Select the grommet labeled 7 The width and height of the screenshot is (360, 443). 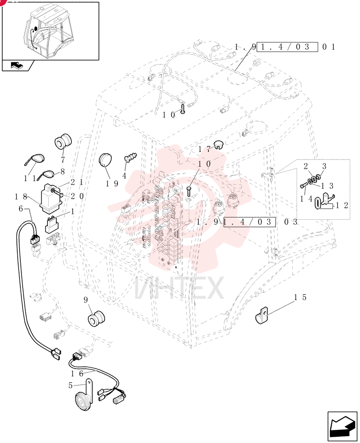tap(63, 142)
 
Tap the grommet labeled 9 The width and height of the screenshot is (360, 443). tap(96, 318)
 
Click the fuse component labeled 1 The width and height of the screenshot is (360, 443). tap(51, 224)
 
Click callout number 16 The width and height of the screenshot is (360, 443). tap(77, 374)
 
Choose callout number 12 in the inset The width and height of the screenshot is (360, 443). tap(342, 206)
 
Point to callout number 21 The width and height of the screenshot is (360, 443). tap(77, 182)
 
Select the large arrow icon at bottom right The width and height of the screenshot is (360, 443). tap(342, 426)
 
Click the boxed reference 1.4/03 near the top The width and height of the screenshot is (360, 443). tap(286, 47)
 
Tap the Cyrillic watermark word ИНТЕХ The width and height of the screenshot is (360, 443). tap(179, 288)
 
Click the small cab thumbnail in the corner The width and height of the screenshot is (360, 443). tap(51, 31)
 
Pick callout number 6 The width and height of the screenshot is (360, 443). tap(21, 209)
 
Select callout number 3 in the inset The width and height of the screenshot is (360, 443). tap(324, 166)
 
